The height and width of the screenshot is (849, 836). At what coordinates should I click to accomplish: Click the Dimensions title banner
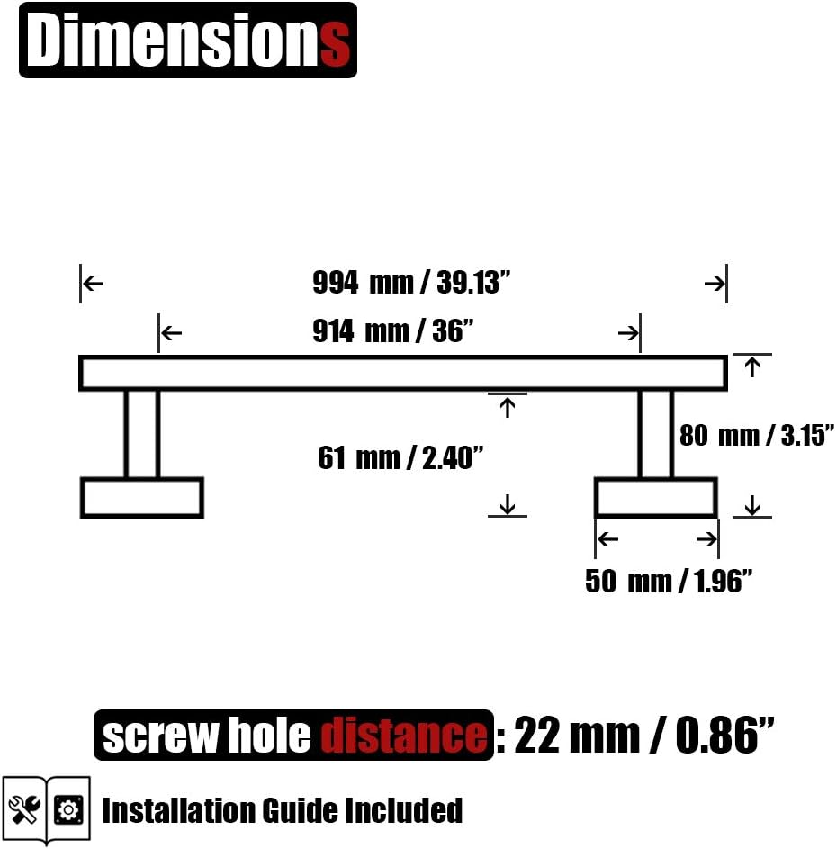pos(188,41)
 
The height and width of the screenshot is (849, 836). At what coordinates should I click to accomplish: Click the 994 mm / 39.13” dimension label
pos(411,283)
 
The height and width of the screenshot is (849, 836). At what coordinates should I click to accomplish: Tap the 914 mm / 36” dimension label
pos(393,330)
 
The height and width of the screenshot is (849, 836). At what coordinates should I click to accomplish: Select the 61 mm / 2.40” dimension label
pos(400,458)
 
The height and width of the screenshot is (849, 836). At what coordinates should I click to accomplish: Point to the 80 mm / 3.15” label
pos(757,436)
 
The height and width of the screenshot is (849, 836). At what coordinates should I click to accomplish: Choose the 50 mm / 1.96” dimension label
pos(669,581)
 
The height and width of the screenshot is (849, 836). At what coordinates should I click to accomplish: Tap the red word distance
pos(404,736)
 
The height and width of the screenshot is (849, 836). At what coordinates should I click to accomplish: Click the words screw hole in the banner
pos(207,736)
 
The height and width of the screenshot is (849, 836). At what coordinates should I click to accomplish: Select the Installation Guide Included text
pos(282,810)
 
